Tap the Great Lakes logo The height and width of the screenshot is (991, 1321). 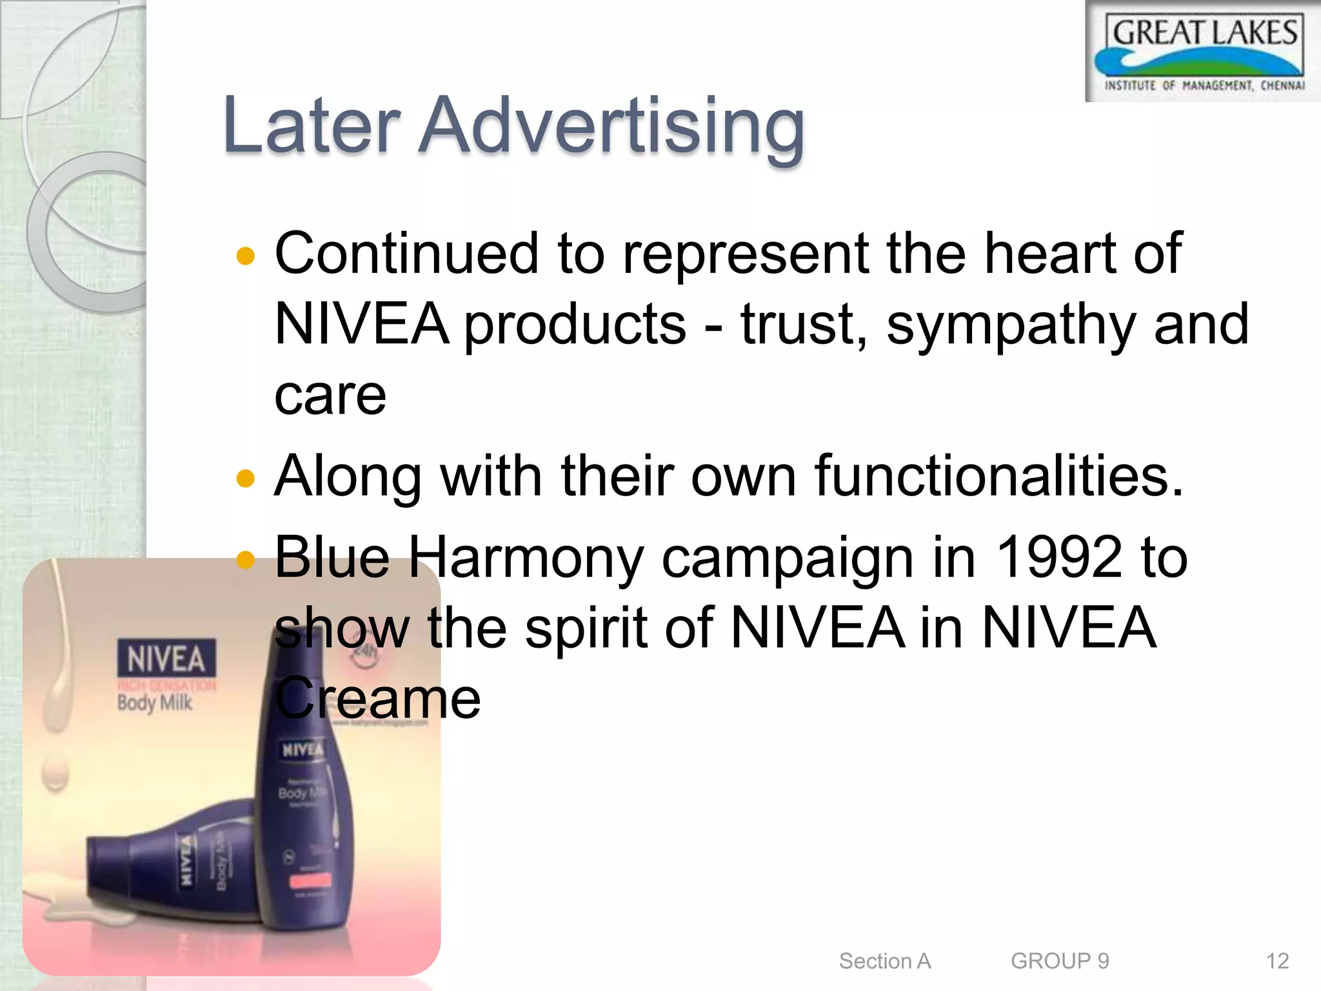coord(1204,52)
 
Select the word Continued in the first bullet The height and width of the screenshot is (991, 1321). coord(406,254)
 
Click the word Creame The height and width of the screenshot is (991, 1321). coord(378,698)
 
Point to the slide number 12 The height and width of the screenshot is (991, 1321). coord(1277,961)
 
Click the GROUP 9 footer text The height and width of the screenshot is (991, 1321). coord(1060,961)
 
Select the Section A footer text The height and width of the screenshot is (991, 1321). coord(885,961)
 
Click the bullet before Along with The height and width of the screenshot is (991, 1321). coord(246,479)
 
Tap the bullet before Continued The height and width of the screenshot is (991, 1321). coord(246,257)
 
